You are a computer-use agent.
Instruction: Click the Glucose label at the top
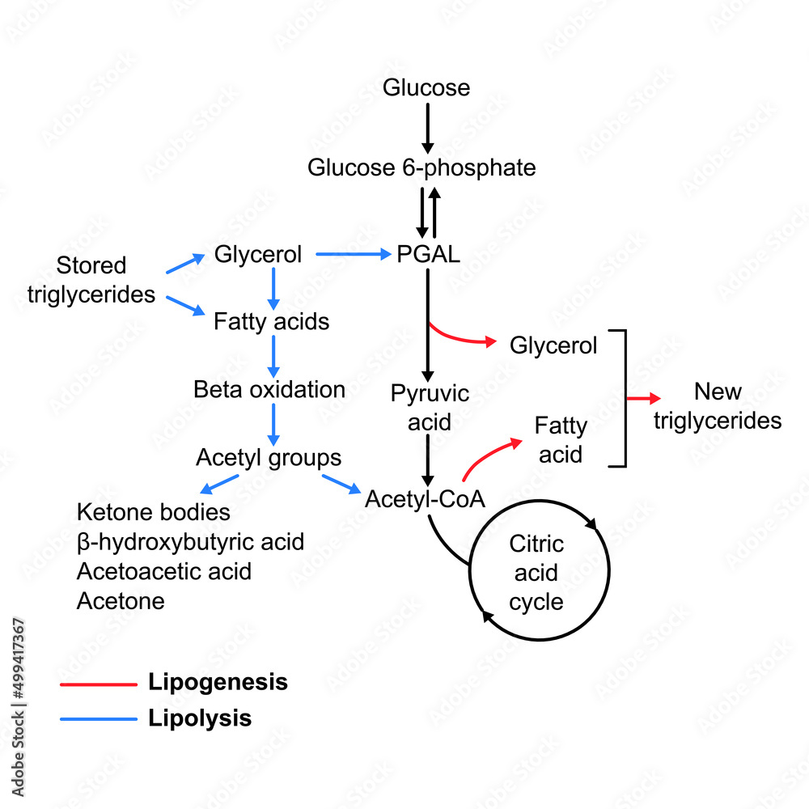click(x=426, y=87)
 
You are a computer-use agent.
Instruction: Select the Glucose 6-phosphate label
click(x=421, y=167)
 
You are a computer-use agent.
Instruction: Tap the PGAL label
click(x=428, y=255)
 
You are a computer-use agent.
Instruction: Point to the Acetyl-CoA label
click(x=425, y=499)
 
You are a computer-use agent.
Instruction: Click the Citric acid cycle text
click(x=536, y=573)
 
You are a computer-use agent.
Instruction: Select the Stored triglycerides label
click(x=91, y=280)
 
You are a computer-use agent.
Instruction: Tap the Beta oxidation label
click(x=269, y=389)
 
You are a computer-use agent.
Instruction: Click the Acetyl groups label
click(x=269, y=458)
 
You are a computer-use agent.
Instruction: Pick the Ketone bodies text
click(x=154, y=512)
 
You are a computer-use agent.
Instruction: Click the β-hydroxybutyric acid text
click(x=190, y=541)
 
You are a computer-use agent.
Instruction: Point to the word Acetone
click(x=121, y=601)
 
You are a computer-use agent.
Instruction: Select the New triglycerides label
click(x=718, y=406)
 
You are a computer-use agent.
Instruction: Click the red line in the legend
click(x=98, y=684)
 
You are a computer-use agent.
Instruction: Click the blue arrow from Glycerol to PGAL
click(x=352, y=255)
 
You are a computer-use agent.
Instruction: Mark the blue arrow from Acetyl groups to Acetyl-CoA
click(x=341, y=484)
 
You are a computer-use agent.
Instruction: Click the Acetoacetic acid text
click(x=164, y=571)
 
